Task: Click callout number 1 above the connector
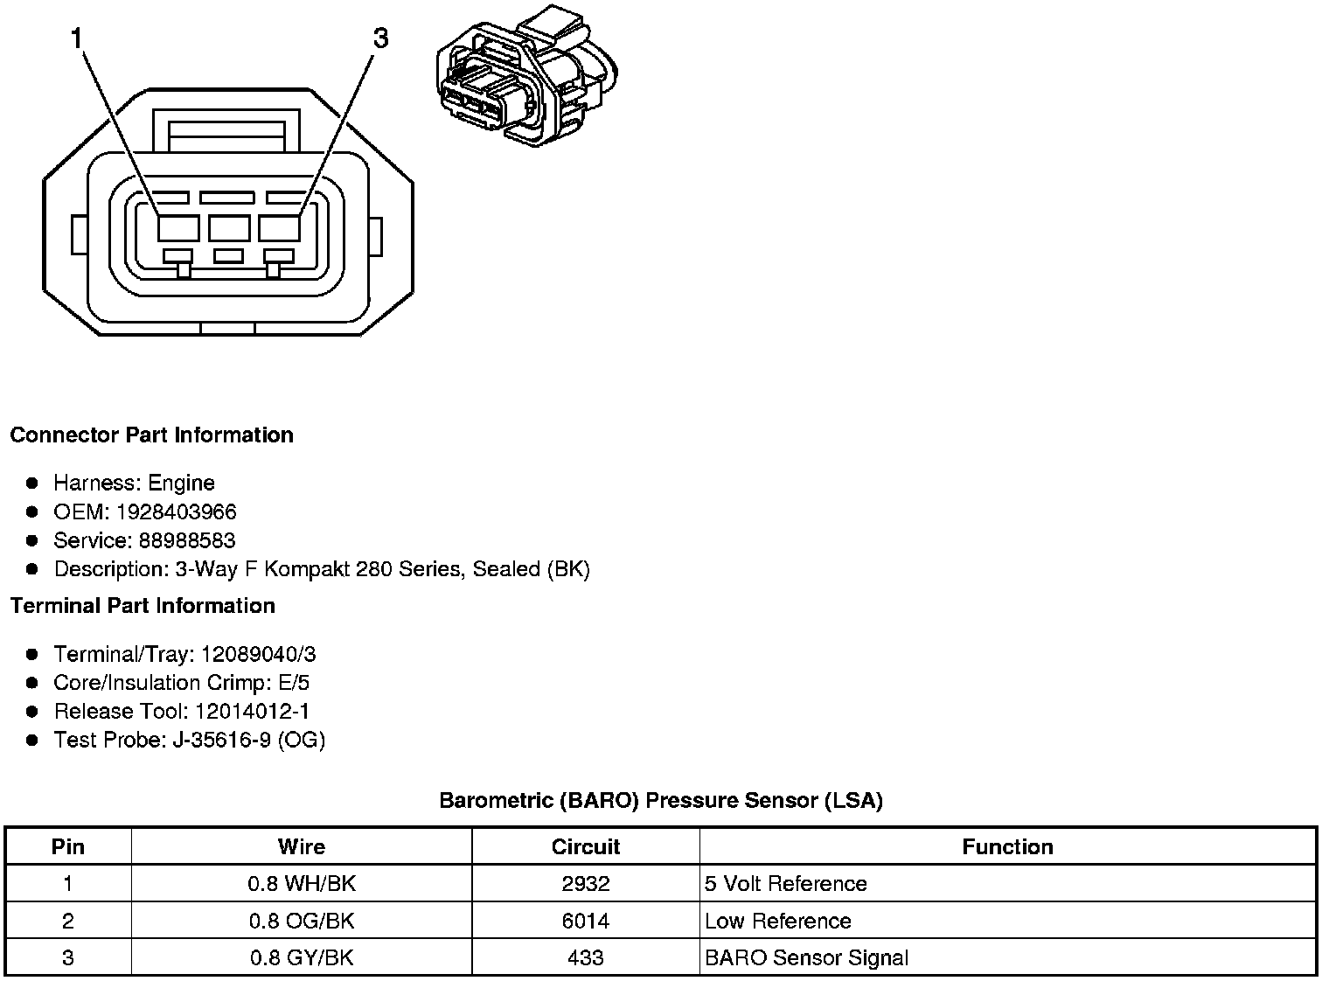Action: pyautogui.click(x=78, y=38)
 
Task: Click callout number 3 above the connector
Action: pyautogui.click(x=380, y=38)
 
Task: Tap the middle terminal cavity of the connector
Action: pyautogui.click(x=229, y=228)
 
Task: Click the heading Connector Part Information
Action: pyautogui.click(x=151, y=435)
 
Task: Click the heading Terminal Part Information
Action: pyautogui.click(x=143, y=606)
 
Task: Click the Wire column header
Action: pyautogui.click(x=302, y=846)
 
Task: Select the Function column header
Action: pyautogui.click(x=1007, y=846)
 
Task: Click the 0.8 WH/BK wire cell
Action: pyautogui.click(x=302, y=883)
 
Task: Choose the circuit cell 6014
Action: pyautogui.click(x=586, y=921)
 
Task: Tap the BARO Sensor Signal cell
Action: pyautogui.click(x=806, y=957)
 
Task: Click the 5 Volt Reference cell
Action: pyautogui.click(x=785, y=883)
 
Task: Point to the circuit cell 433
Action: pyautogui.click(x=586, y=957)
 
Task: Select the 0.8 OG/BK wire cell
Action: pyautogui.click(x=302, y=921)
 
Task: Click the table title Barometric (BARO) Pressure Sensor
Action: pyautogui.click(x=660, y=800)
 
